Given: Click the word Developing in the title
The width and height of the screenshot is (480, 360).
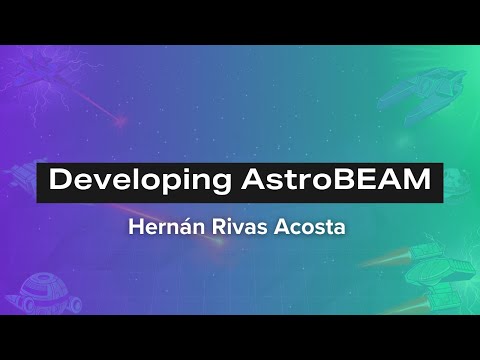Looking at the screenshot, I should (x=128, y=182).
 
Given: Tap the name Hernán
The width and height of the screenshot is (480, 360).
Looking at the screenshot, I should (x=163, y=227).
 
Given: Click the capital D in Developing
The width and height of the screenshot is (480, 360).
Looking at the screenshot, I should (x=60, y=182).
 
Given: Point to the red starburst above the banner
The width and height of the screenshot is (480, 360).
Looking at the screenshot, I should (x=120, y=122).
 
